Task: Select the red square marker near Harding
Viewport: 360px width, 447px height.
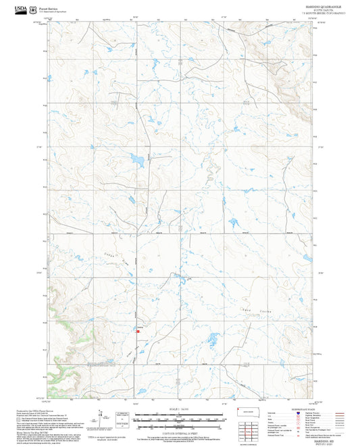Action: (138, 331)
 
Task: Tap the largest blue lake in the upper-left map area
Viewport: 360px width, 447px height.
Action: (137, 161)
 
